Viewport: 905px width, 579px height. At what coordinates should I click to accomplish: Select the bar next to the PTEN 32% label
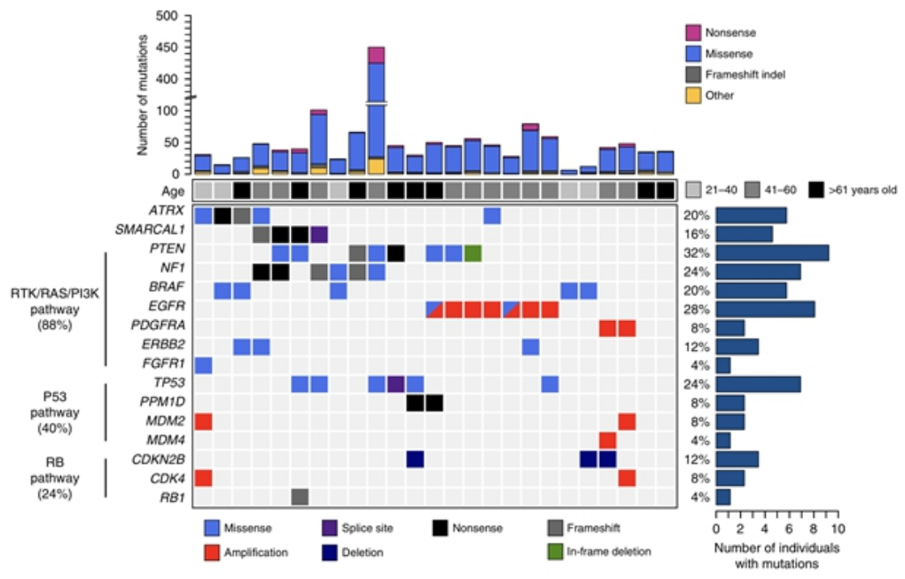pyautogui.click(x=772, y=253)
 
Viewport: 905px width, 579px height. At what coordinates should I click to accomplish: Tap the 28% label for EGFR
pyautogui.click(x=696, y=309)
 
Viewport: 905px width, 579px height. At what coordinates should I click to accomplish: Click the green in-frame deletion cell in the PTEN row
pyautogui.click(x=472, y=253)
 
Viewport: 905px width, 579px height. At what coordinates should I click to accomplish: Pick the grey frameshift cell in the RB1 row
pyautogui.click(x=300, y=497)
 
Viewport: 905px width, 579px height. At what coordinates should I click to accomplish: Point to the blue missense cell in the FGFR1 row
pyautogui.click(x=203, y=364)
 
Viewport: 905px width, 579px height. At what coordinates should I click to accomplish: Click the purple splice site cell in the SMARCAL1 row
pyautogui.click(x=319, y=234)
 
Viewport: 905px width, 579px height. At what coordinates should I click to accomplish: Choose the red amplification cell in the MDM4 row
pyautogui.click(x=608, y=440)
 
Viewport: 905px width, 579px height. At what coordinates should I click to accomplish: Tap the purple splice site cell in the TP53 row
pyautogui.click(x=395, y=383)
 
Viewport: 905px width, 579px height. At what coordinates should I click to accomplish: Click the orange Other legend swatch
pyautogui.click(x=693, y=95)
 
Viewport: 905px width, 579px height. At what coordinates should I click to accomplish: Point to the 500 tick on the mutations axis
pyautogui.click(x=166, y=16)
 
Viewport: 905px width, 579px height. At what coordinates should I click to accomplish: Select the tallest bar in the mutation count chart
pyautogui.click(x=376, y=106)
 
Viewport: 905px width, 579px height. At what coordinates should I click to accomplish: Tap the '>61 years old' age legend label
pyautogui.click(x=853, y=190)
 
